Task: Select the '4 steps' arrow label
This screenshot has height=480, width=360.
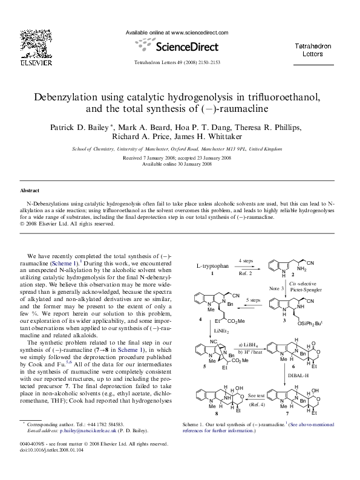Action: click(245, 259)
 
